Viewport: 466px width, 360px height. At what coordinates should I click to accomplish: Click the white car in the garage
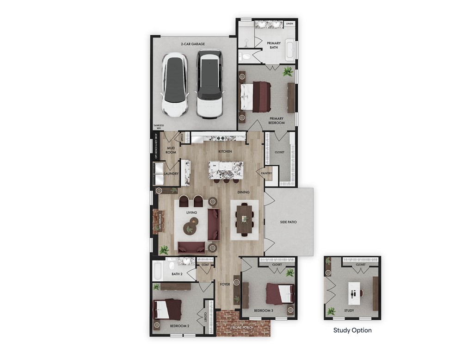click(x=174, y=85)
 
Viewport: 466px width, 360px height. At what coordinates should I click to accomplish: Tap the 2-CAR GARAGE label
click(x=193, y=44)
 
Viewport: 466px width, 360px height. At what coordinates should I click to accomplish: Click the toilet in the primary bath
click(x=245, y=56)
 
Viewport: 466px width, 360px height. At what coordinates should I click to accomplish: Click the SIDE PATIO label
click(x=288, y=222)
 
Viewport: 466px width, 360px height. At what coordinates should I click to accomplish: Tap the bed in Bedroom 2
click(x=167, y=309)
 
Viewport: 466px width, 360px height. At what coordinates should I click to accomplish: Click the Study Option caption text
click(x=352, y=330)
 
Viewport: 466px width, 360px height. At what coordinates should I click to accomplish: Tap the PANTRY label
click(x=267, y=174)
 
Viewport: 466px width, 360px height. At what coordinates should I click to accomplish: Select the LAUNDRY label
click(x=171, y=174)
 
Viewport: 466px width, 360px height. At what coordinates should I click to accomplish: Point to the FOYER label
click(x=225, y=284)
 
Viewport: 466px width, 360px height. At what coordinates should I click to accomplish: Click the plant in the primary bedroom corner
click(x=288, y=72)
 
